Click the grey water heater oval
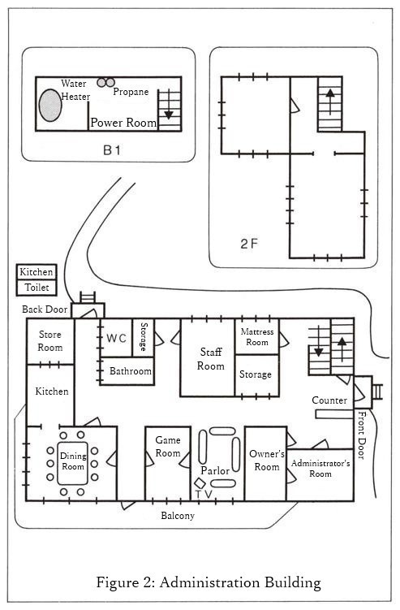tap(50, 105)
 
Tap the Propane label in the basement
tap(131, 92)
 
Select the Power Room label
tap(123, 123)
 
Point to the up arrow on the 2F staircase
tap(330, 102)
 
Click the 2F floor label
tap(249, 244)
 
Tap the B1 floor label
tap(112, 149)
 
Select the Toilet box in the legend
tap(37, 288)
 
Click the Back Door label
tap(45, 309)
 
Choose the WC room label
tap(117, 338)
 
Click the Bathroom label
tap(131, 371)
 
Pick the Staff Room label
tap(211, 359)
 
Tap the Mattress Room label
tap(257, 337)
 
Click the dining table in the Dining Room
tap(73, 463)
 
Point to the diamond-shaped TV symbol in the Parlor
tap(200, 483)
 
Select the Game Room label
tap(167, 447)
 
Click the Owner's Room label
tap(267, 461)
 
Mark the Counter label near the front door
tap(329, 400)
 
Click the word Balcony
tap(178, 516)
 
